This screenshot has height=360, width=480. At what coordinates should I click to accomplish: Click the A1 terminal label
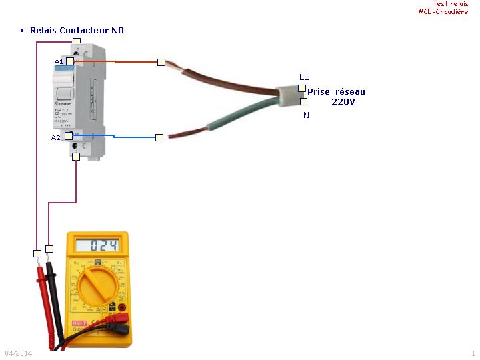click(x=59, y=61)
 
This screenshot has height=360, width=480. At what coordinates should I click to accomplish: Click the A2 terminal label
click(x=55, y=137)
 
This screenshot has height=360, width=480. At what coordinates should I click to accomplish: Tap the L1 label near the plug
click(x=304, y=77)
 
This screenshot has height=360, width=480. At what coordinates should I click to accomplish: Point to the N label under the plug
click(x=306, y=115)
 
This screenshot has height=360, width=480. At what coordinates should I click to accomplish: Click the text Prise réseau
click(x=336, y=91)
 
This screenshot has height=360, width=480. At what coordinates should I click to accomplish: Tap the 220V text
click(x=343, y=101)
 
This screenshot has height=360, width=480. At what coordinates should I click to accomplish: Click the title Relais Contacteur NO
click(x=77, y=31)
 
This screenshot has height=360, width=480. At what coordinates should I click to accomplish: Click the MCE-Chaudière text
click(x=443, y=11)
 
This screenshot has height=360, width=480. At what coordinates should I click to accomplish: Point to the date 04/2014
click(x=18, y=353)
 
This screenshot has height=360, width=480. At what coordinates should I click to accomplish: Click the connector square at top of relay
click(x=77, y=41)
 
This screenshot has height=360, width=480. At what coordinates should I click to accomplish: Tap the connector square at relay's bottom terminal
click(x=76, y=157)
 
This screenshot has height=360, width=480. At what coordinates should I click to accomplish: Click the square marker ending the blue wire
click(x=159, y=137)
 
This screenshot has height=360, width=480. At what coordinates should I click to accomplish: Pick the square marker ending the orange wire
click(x=161, y=62)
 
